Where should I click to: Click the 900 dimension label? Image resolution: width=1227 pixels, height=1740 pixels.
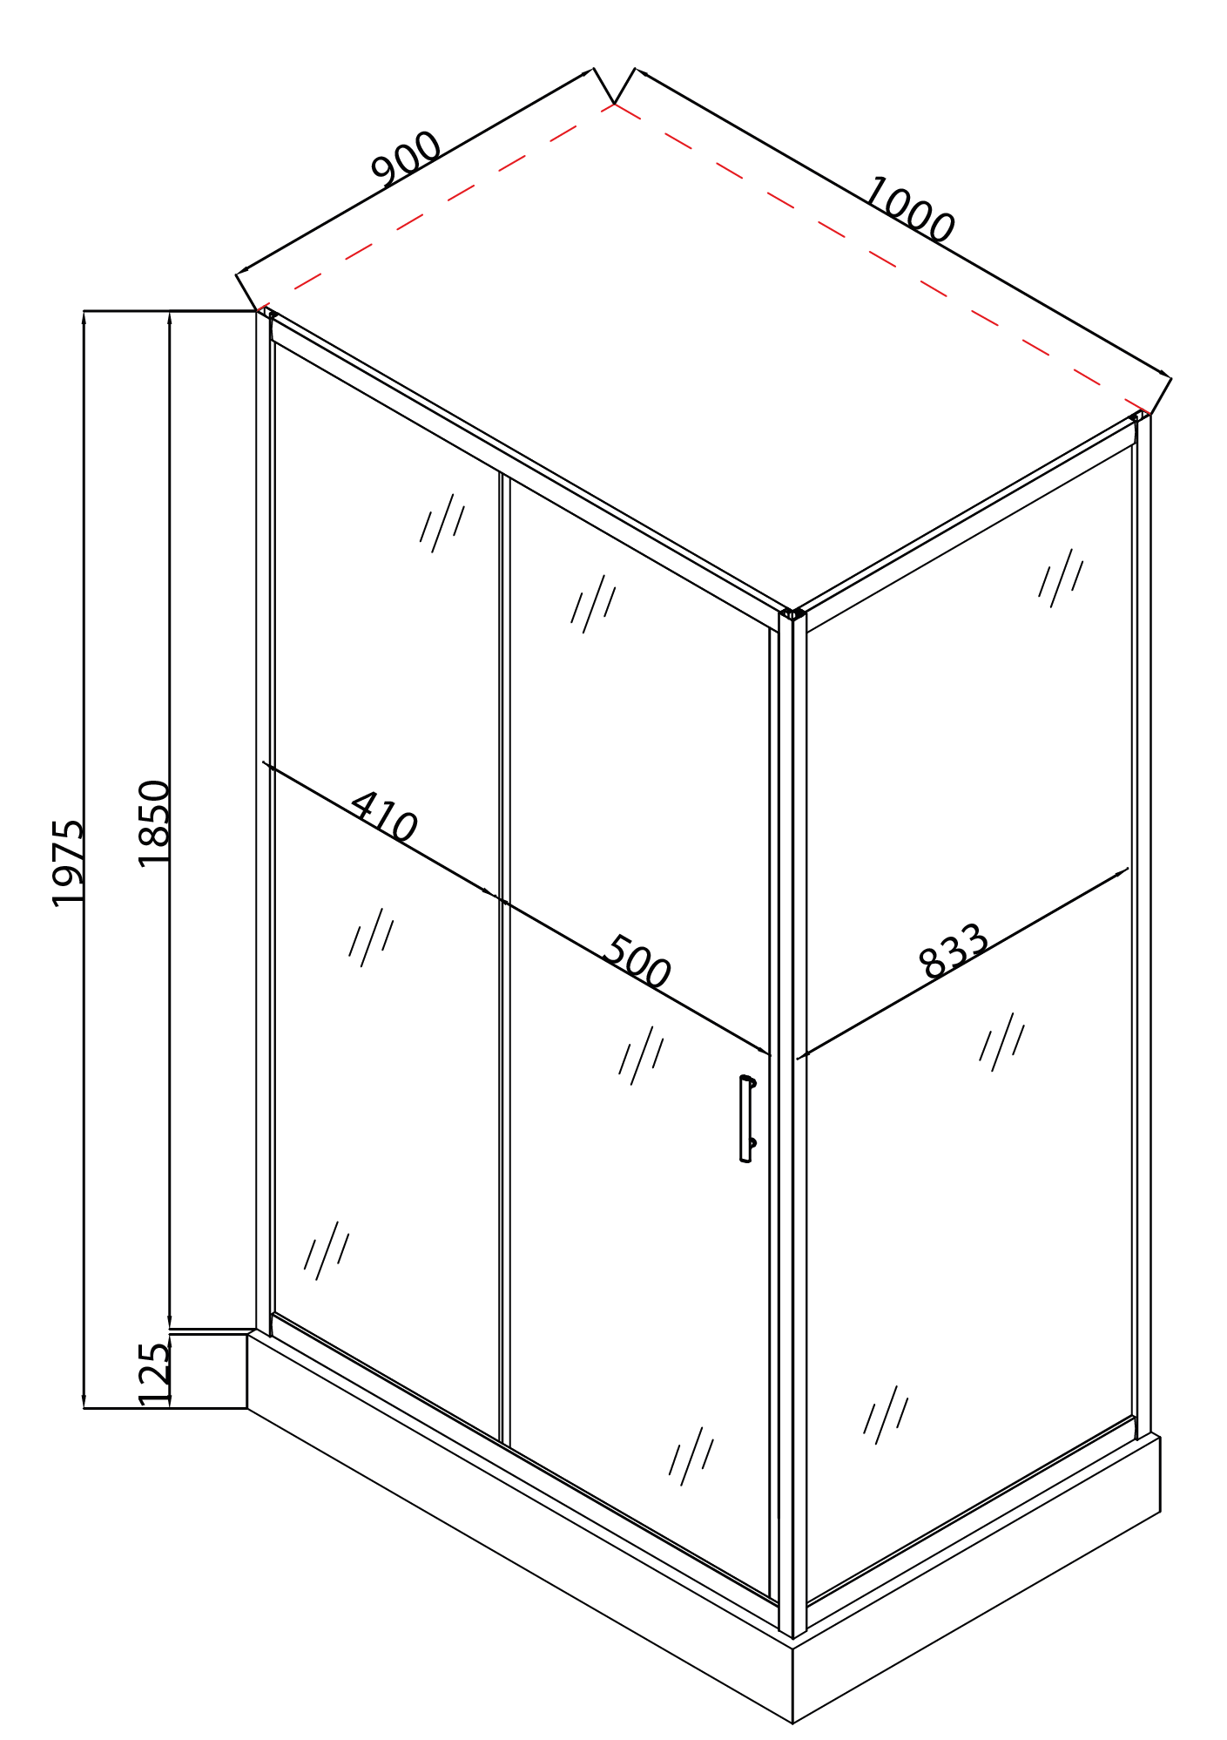pyautogui.click(x=407, y=159)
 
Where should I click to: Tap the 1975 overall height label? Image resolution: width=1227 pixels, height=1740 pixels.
pyautogui.click(x=68, y=863)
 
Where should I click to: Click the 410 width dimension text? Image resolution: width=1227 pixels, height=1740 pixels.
pyautogui.click(x=384, y=817)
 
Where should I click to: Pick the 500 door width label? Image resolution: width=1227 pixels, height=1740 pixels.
pyautogui.click(x=637, y=962)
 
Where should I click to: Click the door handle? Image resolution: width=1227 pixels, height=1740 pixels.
pyautogui.click(x=746, y=1119)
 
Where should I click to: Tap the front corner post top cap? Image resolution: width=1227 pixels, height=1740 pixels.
pyautogui.click(x=792, y=614)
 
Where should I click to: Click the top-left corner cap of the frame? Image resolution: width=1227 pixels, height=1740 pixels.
pyautogui.click(x=271, y=315)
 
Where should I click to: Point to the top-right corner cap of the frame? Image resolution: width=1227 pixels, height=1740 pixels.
pyautogui.click(x=1136, y=416)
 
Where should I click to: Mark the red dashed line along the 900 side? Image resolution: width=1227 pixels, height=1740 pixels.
pyautogui.click(x=435, y=206)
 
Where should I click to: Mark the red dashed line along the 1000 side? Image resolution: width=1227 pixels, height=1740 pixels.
pyautogui.click(x=880, y=257)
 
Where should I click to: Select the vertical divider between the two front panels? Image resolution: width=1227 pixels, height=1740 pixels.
pyautogui.click(x=504, y=958)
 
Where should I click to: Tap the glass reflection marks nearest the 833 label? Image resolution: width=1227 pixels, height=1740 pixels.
pyautogui.click(x=1001, y=1041)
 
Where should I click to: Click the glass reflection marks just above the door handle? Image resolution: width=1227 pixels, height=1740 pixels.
pyautogui.click(x=641, y=1054)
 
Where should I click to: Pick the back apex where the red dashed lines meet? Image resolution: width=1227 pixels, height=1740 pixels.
pyautogui.click(x=615, y=104)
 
